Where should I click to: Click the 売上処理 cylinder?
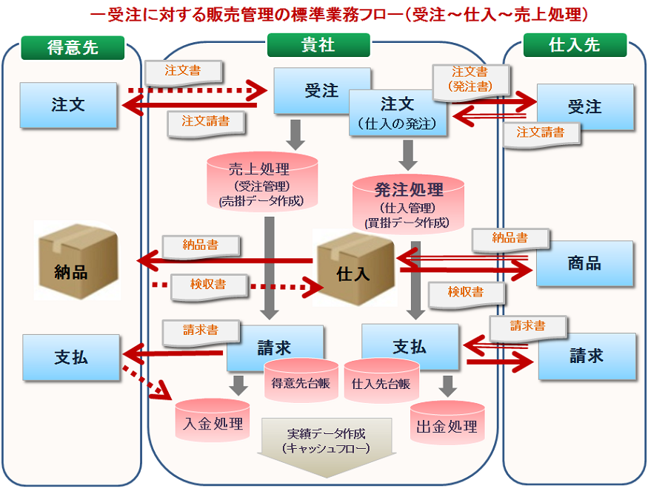pyautogui.click(x=261, y=182)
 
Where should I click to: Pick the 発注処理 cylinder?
pyautogui.click(x=408, y=202)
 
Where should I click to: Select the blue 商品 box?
pyautogui.click(x=584, y=263)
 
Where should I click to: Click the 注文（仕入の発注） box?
pyautogui.click(x=398, y=112)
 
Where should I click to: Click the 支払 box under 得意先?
pyautogui.click(x=71, y=357)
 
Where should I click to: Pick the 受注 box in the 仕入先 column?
pyautogui.click(x=584, y=107)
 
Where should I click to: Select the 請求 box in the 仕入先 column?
pyautogui.click(x=587, y=356)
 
